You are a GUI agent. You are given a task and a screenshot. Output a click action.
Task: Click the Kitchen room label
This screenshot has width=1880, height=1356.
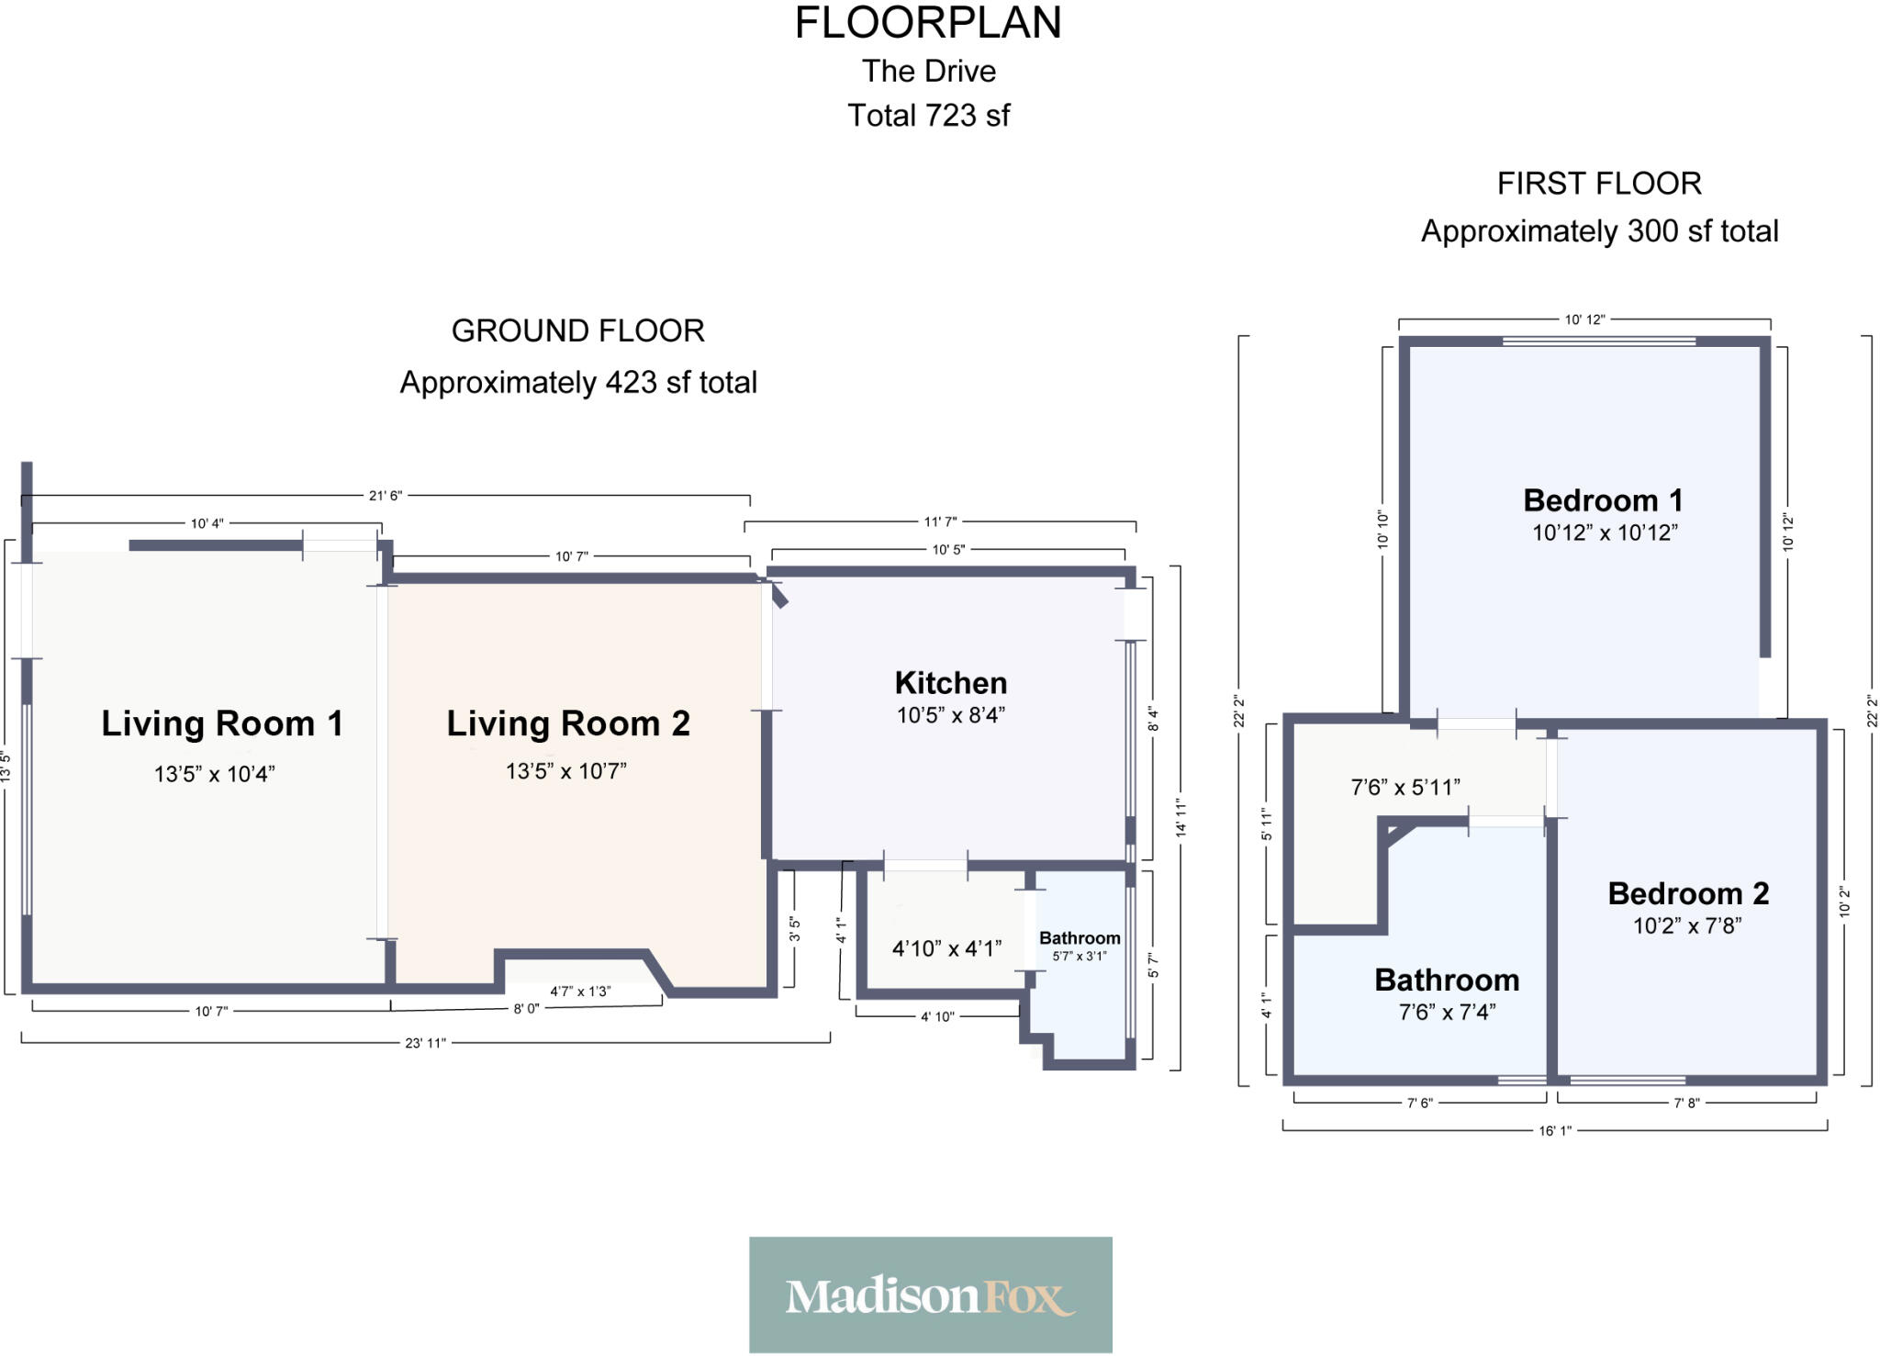[x=951, y=683]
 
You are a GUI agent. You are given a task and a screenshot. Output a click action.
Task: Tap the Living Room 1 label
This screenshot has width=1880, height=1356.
[x=222, y=723]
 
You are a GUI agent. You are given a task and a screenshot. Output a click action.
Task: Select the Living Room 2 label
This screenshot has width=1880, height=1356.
[x=568, y=723]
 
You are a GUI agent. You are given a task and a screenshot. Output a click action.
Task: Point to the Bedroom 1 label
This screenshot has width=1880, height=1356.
[x=1604, y=500]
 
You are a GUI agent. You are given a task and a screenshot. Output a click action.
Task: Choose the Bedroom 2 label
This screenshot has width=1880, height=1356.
[x=1688, y=893]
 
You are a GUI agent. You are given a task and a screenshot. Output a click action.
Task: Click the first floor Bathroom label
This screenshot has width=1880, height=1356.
[x=1447, y=980]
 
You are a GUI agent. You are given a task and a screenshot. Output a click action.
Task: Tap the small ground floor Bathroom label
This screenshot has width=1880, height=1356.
[x=1080, y=938]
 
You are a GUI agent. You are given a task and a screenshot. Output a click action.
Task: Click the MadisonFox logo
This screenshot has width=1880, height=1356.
[x=930, y=1295]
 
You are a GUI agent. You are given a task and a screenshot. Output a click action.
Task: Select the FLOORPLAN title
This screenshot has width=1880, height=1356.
[x=928, y=23]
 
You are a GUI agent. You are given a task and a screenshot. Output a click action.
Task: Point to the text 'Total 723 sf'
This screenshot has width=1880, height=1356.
[x=928, y=116]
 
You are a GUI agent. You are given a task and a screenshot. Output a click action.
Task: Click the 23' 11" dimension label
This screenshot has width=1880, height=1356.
[x=425, y=1043]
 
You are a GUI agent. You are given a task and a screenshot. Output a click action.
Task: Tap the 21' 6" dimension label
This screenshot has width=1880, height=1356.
[x=386, y=496]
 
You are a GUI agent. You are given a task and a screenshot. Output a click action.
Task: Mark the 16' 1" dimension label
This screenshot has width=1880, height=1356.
[x=1555, y=1131]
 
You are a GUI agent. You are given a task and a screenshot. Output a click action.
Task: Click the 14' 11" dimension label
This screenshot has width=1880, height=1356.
[x=1181, y=818]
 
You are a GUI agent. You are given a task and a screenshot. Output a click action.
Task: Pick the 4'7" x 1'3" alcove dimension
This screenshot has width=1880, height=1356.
[x=580, y=992]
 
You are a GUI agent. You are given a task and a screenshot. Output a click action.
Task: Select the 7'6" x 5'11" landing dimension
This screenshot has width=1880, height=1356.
[x=1405, y=787]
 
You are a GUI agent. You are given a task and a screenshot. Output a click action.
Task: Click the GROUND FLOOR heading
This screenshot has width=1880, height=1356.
[x=578, y=331]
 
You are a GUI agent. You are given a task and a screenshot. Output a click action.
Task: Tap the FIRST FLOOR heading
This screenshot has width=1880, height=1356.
[x=1599, y=184]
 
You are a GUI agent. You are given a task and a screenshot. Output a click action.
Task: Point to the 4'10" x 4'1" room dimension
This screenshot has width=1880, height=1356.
[x=946, y=948]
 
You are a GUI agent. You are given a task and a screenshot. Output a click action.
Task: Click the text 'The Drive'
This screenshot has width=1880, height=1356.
[x=929, y=71]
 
